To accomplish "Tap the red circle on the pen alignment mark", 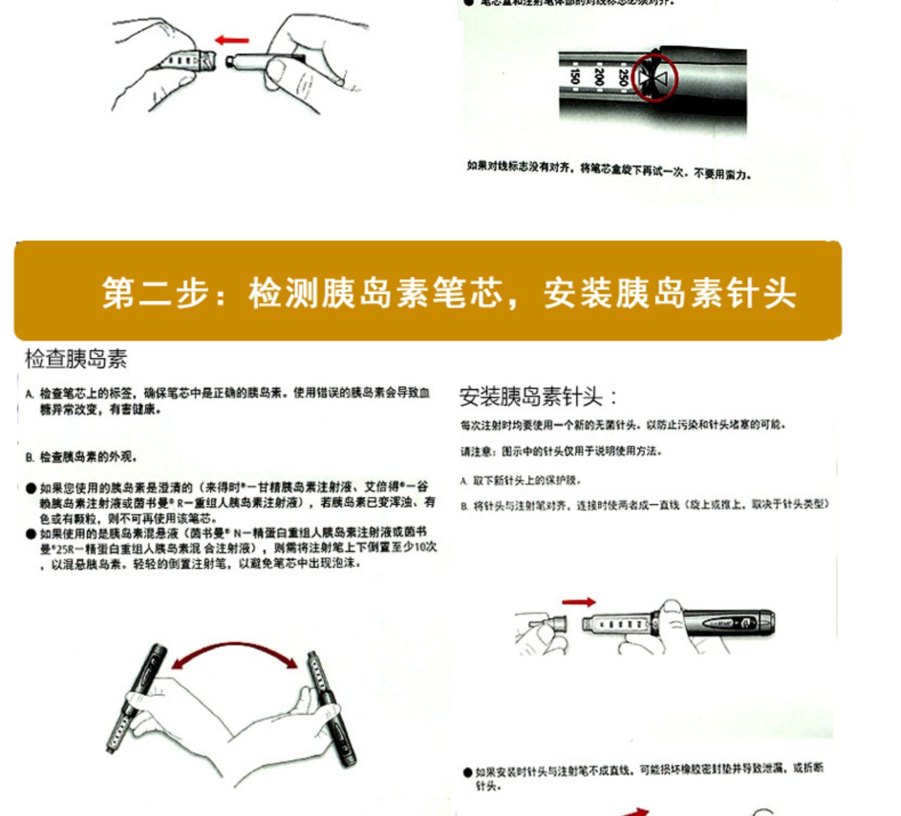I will click(x=654, y=77).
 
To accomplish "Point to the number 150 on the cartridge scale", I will click(x=575, y=76).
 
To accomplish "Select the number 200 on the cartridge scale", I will click(x=599, y=76).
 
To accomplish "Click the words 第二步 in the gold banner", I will click(x=157, y=293).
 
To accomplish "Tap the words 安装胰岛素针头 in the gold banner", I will click(x=670, y=293).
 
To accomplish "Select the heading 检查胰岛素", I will click(x=76, y=359).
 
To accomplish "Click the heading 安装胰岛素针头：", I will click(x=538, y=397).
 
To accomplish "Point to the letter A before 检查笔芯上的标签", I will click(x=29, y=394).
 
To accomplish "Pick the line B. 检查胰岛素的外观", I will click(x=81, y=458).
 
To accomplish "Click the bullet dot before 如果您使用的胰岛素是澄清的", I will click(x=31, y=488).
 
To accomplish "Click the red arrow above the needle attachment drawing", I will click(x=578, y=602).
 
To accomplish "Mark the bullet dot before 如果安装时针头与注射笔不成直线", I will click(x=467, y=772).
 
